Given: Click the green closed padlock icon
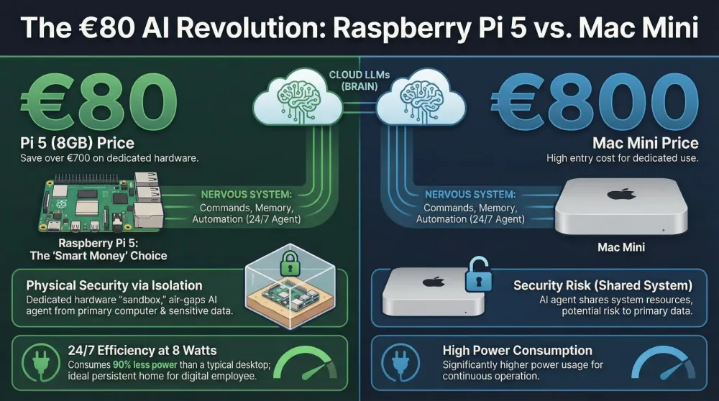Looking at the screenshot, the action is pyautogui.click(x=290, y=262).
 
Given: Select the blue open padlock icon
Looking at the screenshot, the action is pyautogui.click(x=478, y=275).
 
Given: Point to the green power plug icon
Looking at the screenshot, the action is pyautogui.click(x=40, y=362).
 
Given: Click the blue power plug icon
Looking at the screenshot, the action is pyautogui.click(x=400, y=362).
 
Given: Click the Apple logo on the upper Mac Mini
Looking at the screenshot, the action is pyautogui.click(x=621, y=194).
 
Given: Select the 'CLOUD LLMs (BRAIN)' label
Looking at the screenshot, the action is pyautogui.click(x=359, y=80).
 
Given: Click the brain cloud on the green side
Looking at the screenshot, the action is pyautogui.click(x=298, y=97).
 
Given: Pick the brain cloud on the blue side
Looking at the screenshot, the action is pyautogui.click(x=421, y=97).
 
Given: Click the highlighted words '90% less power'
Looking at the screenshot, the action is pyautogui.click(x=145, y=365).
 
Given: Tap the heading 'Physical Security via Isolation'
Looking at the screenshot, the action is pyautogui.click(x=114, y=285).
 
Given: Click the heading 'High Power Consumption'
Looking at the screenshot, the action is pyautogui.click(x=517, y=351).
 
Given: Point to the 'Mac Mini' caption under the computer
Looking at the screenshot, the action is pyautogui.click(x=621, y=247).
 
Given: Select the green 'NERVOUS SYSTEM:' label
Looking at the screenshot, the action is pyautogui.click(x=246, y=195).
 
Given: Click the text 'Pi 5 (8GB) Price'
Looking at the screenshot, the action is pyautogui.click(x=77, y=144).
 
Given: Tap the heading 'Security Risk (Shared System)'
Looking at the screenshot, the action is pyautogui.click(x=603, y=285).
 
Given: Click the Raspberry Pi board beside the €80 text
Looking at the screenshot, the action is pyautogui.click(x=101, y=203).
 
